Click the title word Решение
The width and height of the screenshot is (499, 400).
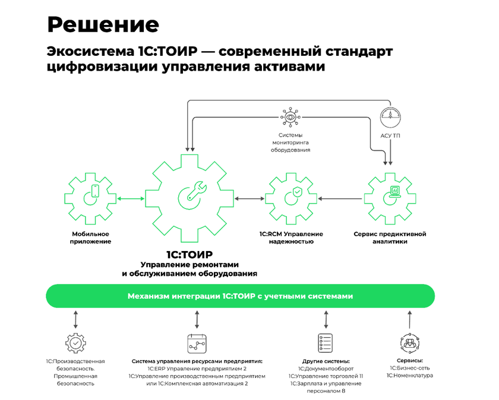(103, 24)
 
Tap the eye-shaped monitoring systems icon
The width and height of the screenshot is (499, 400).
(290, 117)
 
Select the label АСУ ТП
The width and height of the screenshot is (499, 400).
(391, 136)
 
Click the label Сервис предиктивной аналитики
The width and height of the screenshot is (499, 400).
(390, 238)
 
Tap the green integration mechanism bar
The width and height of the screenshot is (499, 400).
(240, 296)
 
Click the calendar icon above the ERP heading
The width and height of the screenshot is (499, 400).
(196, 343)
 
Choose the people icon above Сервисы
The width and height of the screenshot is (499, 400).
(410, 343)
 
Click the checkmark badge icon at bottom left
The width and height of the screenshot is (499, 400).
(75, 343)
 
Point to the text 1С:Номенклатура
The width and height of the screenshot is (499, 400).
(410, 376)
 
